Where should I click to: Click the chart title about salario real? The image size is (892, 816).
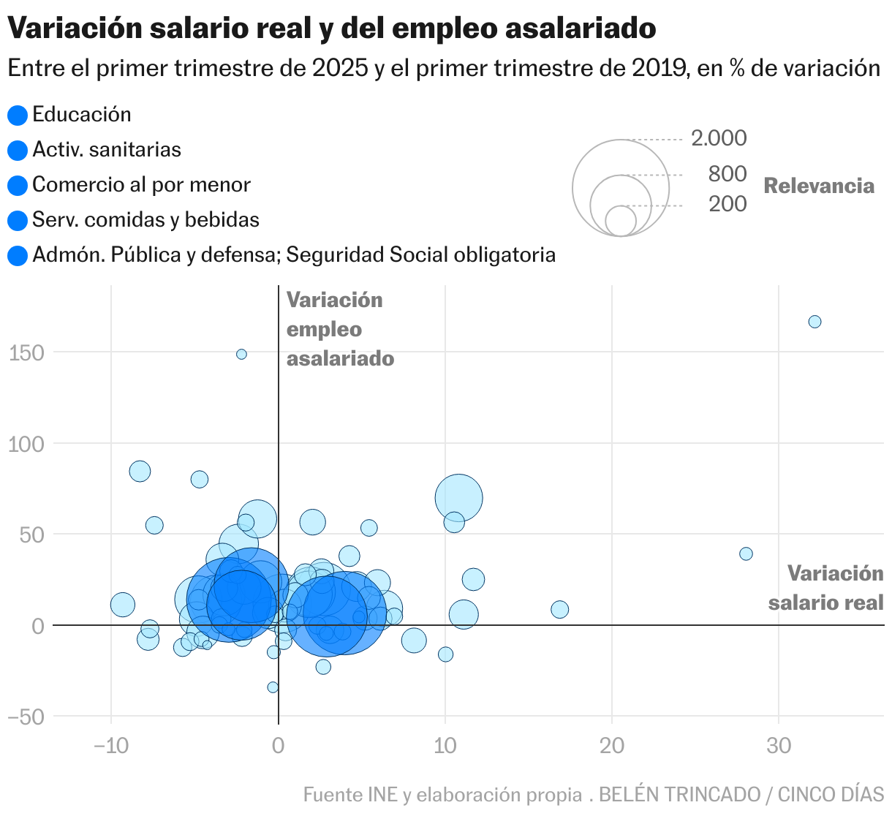pos(331,29)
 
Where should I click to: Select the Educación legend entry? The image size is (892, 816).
pos(81,115)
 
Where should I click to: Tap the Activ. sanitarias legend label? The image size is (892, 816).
pos(107,150)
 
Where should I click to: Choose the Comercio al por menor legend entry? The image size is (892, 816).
pos(141,185)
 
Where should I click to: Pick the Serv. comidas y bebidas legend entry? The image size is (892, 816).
pos(145,220)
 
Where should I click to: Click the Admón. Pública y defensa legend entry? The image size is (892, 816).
pos(293,255)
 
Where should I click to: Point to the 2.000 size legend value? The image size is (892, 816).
pos(719,138)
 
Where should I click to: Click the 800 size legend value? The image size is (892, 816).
pos(727,174)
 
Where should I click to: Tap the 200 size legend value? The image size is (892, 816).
pos(727,204)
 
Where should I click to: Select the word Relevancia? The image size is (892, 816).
pos(819,186)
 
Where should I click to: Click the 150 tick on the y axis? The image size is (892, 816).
pos(27,353)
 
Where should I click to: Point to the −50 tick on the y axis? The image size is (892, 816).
pos(27,717)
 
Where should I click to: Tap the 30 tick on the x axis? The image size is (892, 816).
pos(779,746)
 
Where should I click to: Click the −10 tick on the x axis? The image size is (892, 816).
pos(111,746)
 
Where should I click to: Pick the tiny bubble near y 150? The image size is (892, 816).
pos(241,354)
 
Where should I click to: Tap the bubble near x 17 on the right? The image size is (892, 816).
pos(559,609)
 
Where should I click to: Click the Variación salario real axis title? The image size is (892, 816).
pos(826,588)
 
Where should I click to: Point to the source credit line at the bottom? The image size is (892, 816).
pos(593,794)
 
